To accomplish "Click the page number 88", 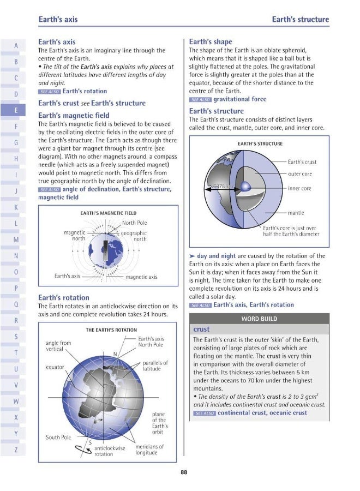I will pyautogui.click(x=184, y=473).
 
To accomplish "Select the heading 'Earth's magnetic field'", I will pyautogui.click(x=73, y=115).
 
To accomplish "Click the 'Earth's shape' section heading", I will pyautogui.click(x=210, y=41).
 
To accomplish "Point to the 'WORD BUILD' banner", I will pyautogui.click(x=259, y=319).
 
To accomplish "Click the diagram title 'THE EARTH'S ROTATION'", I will pyautogui.click(x=111, y=330).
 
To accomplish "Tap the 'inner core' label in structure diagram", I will pyautogui.click(x=299, y=188).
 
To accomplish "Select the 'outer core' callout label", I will pyautogui.click(x=299, y=174).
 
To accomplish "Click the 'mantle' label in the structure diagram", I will pyautogui.click(x=296, y=213).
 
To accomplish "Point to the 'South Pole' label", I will pyautogui.click(x=58, y=437).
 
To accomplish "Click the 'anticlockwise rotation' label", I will pyautogui.click(x=110, y=451).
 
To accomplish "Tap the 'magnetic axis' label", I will pyautogui.click(x=141, y=277).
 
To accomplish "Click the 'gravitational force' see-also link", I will pyautogui.click(x=239, y=99).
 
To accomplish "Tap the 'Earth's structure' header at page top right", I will pyautogui.click(x=300, y=20).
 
